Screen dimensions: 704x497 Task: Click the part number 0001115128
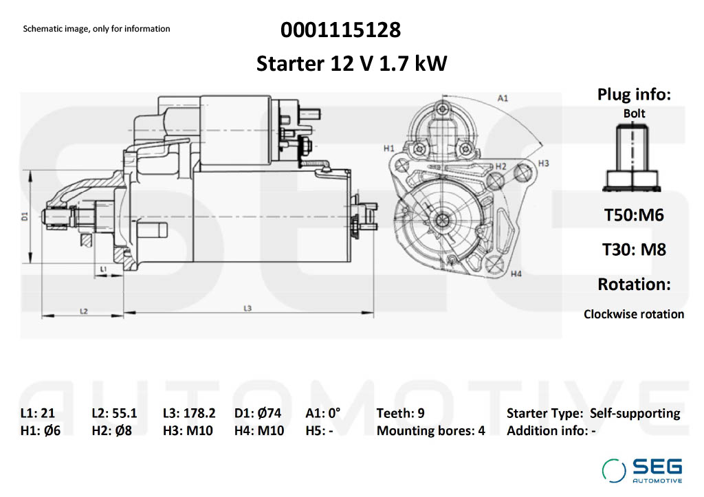point(341,30)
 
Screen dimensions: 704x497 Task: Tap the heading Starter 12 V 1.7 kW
point(351,63)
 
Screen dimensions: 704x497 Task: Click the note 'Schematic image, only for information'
point(96,29)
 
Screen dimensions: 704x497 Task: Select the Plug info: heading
point(634,94)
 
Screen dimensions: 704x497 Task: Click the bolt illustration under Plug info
point(632,158)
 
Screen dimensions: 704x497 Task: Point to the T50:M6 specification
point(634,215)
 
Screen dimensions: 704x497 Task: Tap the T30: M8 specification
point(634,250)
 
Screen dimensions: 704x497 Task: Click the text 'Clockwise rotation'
point(634,314)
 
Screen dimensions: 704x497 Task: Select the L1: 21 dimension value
point(38,413)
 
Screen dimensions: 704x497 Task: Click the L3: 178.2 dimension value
point(189,413)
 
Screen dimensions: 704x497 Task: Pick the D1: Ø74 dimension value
point(258,413)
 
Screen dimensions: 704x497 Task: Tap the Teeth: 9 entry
point(401,413)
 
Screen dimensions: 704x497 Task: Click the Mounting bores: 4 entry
point(431,431)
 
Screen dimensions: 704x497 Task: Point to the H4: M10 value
point(259,431)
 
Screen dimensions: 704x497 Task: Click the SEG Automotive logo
point(642,470)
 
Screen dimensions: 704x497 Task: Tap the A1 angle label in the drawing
point(503,98)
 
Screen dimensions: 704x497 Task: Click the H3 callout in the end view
point(543,164)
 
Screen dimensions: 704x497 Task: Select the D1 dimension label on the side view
point(25,217)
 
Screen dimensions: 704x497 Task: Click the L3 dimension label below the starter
point(247,309)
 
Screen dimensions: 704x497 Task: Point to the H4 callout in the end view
point(516,274)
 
